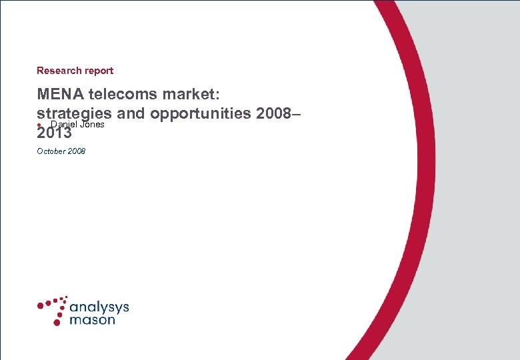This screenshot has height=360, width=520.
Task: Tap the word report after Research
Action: [x=98, y=71]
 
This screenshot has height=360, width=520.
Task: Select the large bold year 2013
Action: [x=55, y=133]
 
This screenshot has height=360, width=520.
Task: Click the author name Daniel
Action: [x=62, y=124]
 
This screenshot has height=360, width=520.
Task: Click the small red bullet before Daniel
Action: [x=39, y=125]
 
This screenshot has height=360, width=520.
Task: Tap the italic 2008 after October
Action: [x=77, y=151]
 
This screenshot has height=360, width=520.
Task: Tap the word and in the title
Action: [x=132, y=113]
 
